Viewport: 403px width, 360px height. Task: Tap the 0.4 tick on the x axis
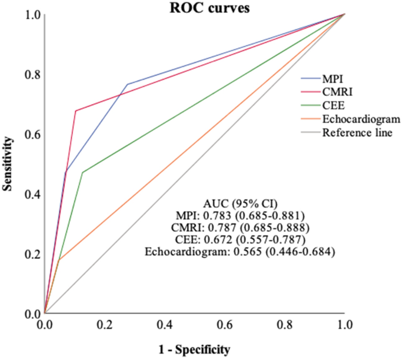(164, 324)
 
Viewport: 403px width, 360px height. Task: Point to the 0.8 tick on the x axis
(284, 324)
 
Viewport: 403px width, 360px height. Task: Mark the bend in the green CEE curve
(82, 172)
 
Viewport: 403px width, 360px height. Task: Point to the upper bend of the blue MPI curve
(127, 84)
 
